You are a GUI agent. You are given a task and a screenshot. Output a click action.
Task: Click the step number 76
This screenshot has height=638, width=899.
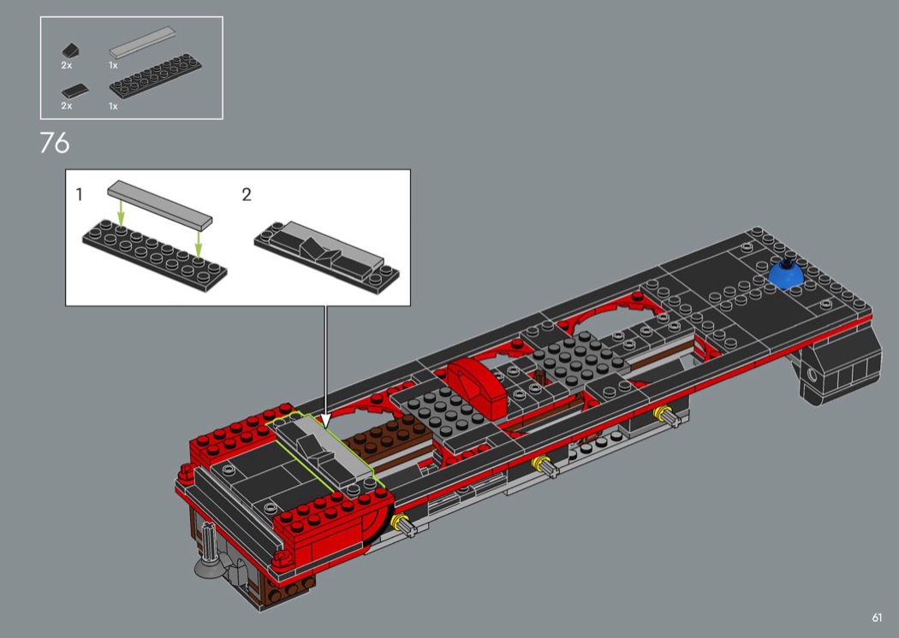click(x=55, y=143)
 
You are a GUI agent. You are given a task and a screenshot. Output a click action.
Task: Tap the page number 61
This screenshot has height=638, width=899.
click(x=877, y=617)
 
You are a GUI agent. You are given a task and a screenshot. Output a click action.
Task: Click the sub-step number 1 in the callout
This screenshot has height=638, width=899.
click(x=79, y=195)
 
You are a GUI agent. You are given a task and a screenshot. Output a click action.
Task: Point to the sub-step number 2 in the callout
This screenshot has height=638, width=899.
click(x=247, y=195)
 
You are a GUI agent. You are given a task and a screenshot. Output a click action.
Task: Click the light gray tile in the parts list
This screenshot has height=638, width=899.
click(x=142, y=43)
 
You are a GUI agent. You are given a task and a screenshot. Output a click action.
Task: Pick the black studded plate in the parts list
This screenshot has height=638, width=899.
click(x=155, y=74)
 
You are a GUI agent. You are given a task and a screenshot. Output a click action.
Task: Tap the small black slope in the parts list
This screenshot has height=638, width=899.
click(x=70, y=50)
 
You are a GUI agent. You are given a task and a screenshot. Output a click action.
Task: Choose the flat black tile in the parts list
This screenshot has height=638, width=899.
click(x=75, y=90)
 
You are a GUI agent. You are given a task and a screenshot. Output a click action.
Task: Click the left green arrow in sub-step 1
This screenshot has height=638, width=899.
click(x=121, y=212)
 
